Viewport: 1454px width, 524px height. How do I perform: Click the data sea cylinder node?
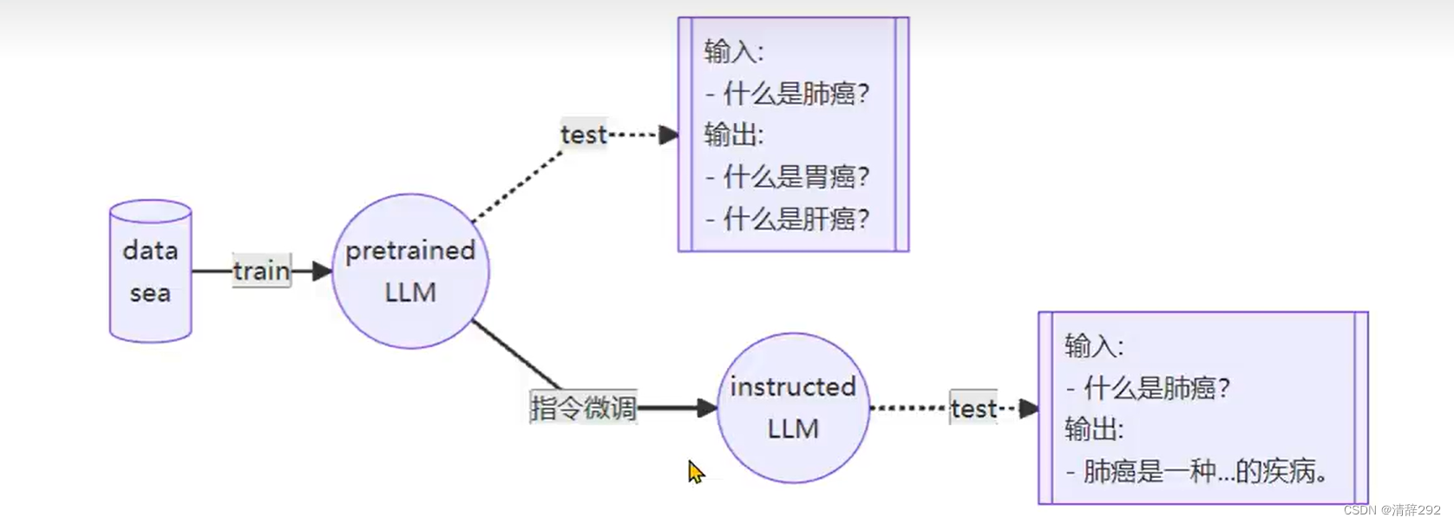click(150, 272)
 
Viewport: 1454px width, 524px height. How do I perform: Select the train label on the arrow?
click(261, 271)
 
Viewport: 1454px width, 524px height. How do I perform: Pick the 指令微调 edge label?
click(583, 408)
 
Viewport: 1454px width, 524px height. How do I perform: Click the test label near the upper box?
click(583, 134)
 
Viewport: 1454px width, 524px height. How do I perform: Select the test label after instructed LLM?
click(973, 409)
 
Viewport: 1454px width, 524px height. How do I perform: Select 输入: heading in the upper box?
click(733, 52)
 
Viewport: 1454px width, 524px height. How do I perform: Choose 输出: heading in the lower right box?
click(1094, 429)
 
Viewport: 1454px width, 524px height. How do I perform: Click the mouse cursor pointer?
click(695, 471)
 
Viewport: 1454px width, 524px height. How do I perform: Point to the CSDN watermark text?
click(1392, 510)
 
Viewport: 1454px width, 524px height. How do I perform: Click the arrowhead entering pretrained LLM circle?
click(323, 272)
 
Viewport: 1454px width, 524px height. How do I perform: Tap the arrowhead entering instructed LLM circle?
click(707, 408)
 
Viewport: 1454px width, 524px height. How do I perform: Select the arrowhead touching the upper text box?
click(669, 134)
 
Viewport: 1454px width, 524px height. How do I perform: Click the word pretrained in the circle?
click(410, 251)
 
